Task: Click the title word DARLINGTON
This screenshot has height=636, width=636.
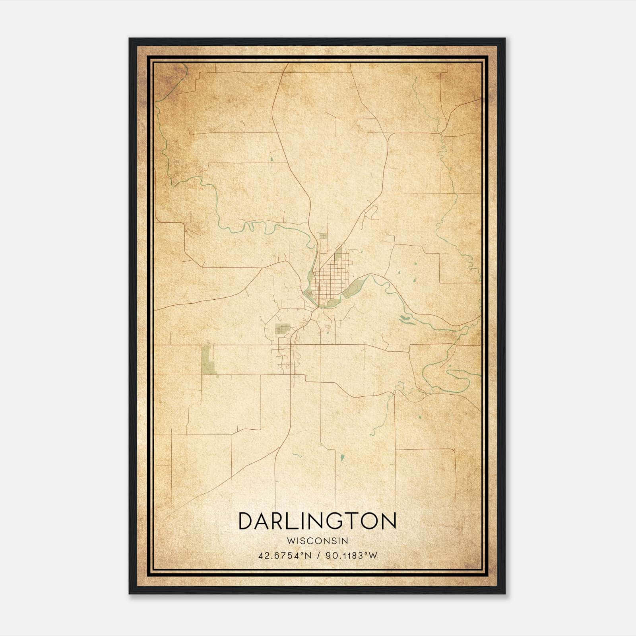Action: coord(317,521)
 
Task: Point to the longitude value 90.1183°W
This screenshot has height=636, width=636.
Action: coord(351,556)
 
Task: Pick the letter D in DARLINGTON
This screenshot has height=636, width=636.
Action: coord(246,521)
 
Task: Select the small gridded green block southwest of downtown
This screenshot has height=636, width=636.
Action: coord(282,329)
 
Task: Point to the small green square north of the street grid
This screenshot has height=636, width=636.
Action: coord(323,236)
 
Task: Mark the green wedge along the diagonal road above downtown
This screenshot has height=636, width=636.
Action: coord(338,253)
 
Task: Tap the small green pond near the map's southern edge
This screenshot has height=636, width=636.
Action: coord(342,458)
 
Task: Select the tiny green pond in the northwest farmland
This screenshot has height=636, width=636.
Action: coord(271,160)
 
